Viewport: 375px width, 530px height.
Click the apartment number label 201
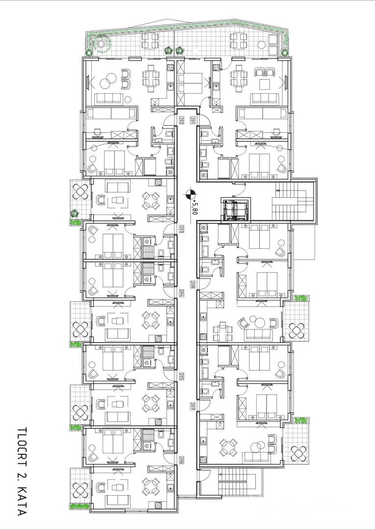click(x=193, y=120)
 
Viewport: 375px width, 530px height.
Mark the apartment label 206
click(x=181, y=460)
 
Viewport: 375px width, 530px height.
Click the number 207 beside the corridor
click(x=193, y=406)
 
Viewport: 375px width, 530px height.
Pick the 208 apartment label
click(x=193, y=285)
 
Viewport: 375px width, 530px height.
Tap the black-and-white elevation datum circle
click(x=190, y=194)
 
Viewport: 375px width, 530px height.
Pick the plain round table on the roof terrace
click(x=262, y=45)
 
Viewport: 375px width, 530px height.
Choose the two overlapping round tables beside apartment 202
click(x=109, y=81)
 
